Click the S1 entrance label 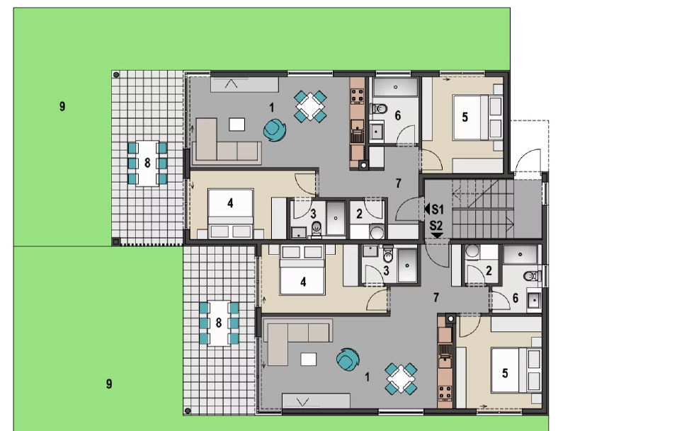click(438, 209)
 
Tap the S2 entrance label click(436, 226)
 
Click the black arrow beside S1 click(427, 209)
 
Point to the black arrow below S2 click(437, 236)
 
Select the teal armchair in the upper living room click(275, 130)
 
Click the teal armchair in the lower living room click(348, 360)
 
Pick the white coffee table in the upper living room click(237, 125)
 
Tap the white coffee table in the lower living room click(309, 360)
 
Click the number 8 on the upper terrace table click(147, 163)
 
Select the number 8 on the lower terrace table click(219, 323)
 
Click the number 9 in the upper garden click(62, 106)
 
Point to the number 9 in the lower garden click(109, 384)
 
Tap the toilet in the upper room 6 click(380, 108)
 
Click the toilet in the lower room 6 click(533, 276)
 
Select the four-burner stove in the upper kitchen click(357, 96)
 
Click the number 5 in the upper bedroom click(465, 117)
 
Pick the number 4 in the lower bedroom click(303, 282)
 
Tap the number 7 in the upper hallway click(399, 183)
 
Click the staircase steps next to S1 click(483, 209)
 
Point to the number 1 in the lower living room click(368, 377)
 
